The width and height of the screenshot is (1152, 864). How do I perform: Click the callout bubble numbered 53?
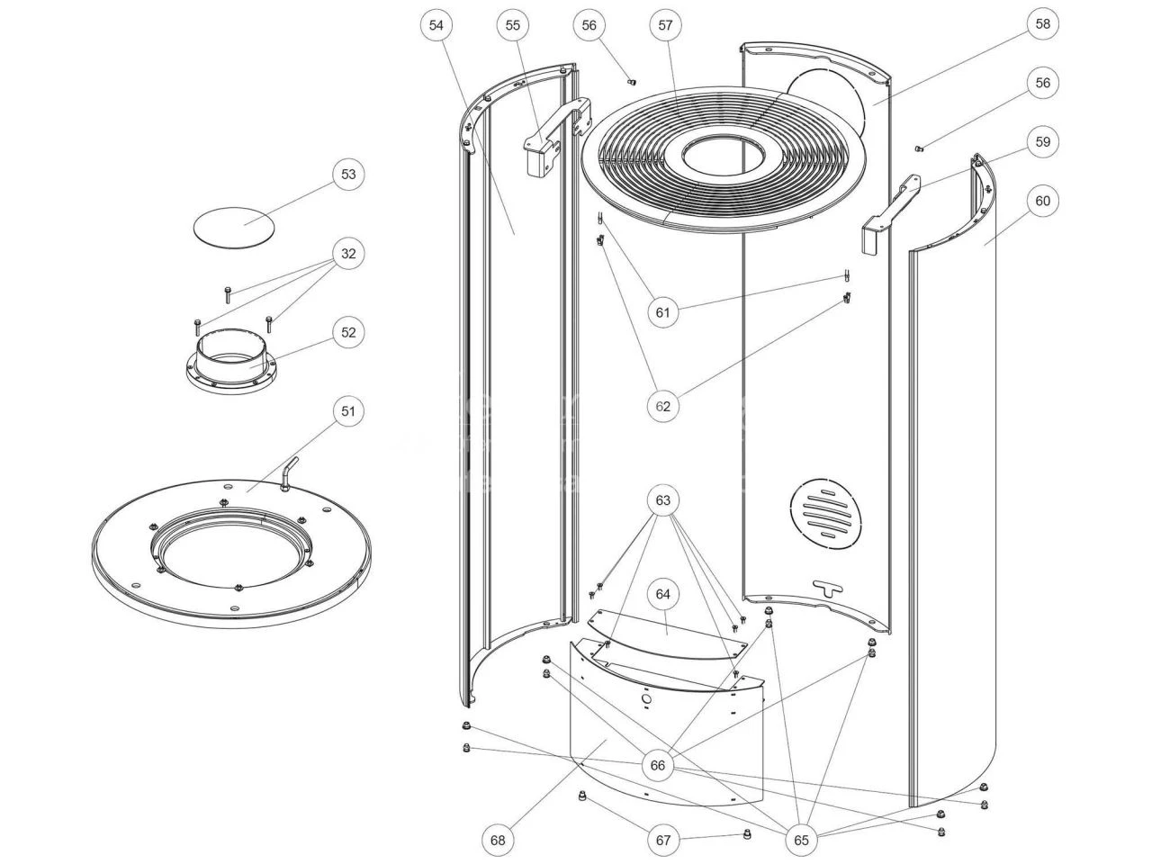[348, 174]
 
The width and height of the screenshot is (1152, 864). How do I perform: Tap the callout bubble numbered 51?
[348, 411]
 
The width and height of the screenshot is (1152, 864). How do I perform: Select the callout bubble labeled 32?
[348, 254]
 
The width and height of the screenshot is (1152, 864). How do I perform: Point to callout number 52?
[348, 332]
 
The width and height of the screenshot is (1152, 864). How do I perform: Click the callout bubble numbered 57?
[665, 26]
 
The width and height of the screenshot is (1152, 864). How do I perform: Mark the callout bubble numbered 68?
[498, 841]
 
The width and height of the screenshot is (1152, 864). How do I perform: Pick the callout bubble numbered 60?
[1042, 201]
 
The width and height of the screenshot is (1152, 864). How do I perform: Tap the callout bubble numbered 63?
[663, 499]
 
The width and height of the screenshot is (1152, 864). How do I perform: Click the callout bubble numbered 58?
[1042, 24]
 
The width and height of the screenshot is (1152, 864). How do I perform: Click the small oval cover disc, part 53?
[233, 223]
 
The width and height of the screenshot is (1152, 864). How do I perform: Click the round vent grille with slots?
[825, 511]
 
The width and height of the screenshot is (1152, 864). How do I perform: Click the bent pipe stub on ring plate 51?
[287, 473]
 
